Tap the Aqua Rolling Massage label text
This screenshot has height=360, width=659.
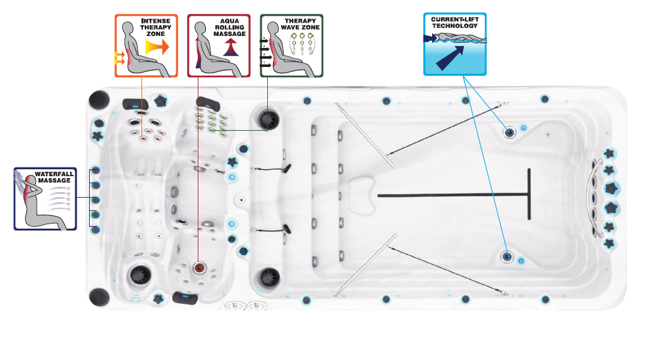(x=230, y=27)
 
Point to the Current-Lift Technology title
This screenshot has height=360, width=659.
(x=456, y=22)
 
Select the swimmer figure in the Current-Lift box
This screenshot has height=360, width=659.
(x=456, y=39)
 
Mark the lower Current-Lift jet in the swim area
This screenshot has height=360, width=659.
(x=507, y=256)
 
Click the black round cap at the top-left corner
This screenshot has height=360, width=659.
(x=100, y=100)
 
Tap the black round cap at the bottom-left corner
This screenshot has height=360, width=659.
(x=99, y=296)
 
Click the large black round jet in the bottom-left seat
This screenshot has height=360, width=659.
(x=138, y=275)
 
